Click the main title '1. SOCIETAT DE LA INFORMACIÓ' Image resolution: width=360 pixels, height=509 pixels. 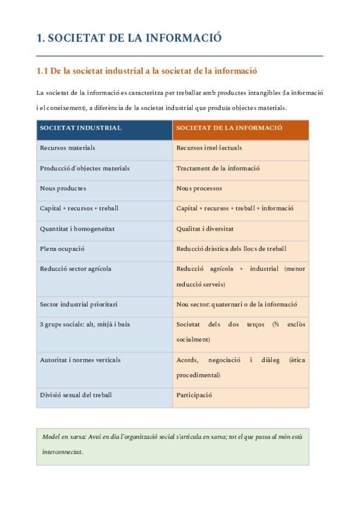[129, 38]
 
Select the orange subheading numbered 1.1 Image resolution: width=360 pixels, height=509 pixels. [147, 71]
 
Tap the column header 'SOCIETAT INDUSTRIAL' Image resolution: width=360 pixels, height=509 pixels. [80, 128]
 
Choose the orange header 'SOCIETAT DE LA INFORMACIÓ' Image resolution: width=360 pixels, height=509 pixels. [229, 128]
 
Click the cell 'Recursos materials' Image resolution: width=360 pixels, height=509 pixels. [67, 148]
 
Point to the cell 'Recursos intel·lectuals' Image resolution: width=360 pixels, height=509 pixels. [209, 148]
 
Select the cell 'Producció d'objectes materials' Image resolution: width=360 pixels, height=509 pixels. [85, 168]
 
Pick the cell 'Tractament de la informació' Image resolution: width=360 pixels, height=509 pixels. [218, 168]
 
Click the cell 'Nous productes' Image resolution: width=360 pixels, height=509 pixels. [63, 188]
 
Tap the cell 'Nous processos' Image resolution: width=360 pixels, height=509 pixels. [199, 188]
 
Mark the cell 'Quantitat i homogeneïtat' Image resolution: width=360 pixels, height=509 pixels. [77, 229]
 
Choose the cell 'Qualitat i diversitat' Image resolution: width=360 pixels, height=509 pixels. [205, 229]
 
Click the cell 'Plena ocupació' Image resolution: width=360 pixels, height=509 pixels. [62, 248]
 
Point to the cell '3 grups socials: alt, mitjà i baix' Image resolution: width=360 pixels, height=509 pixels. [85, 325]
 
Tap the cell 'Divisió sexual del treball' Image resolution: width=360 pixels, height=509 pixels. [76, 395]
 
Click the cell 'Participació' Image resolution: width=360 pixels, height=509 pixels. [194, 395]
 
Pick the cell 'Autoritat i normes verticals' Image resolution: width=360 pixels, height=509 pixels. [80, 360]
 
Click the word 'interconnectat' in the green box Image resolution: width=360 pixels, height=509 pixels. [62, 452]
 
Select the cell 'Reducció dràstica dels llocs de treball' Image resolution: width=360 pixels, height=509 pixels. [231, 248]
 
